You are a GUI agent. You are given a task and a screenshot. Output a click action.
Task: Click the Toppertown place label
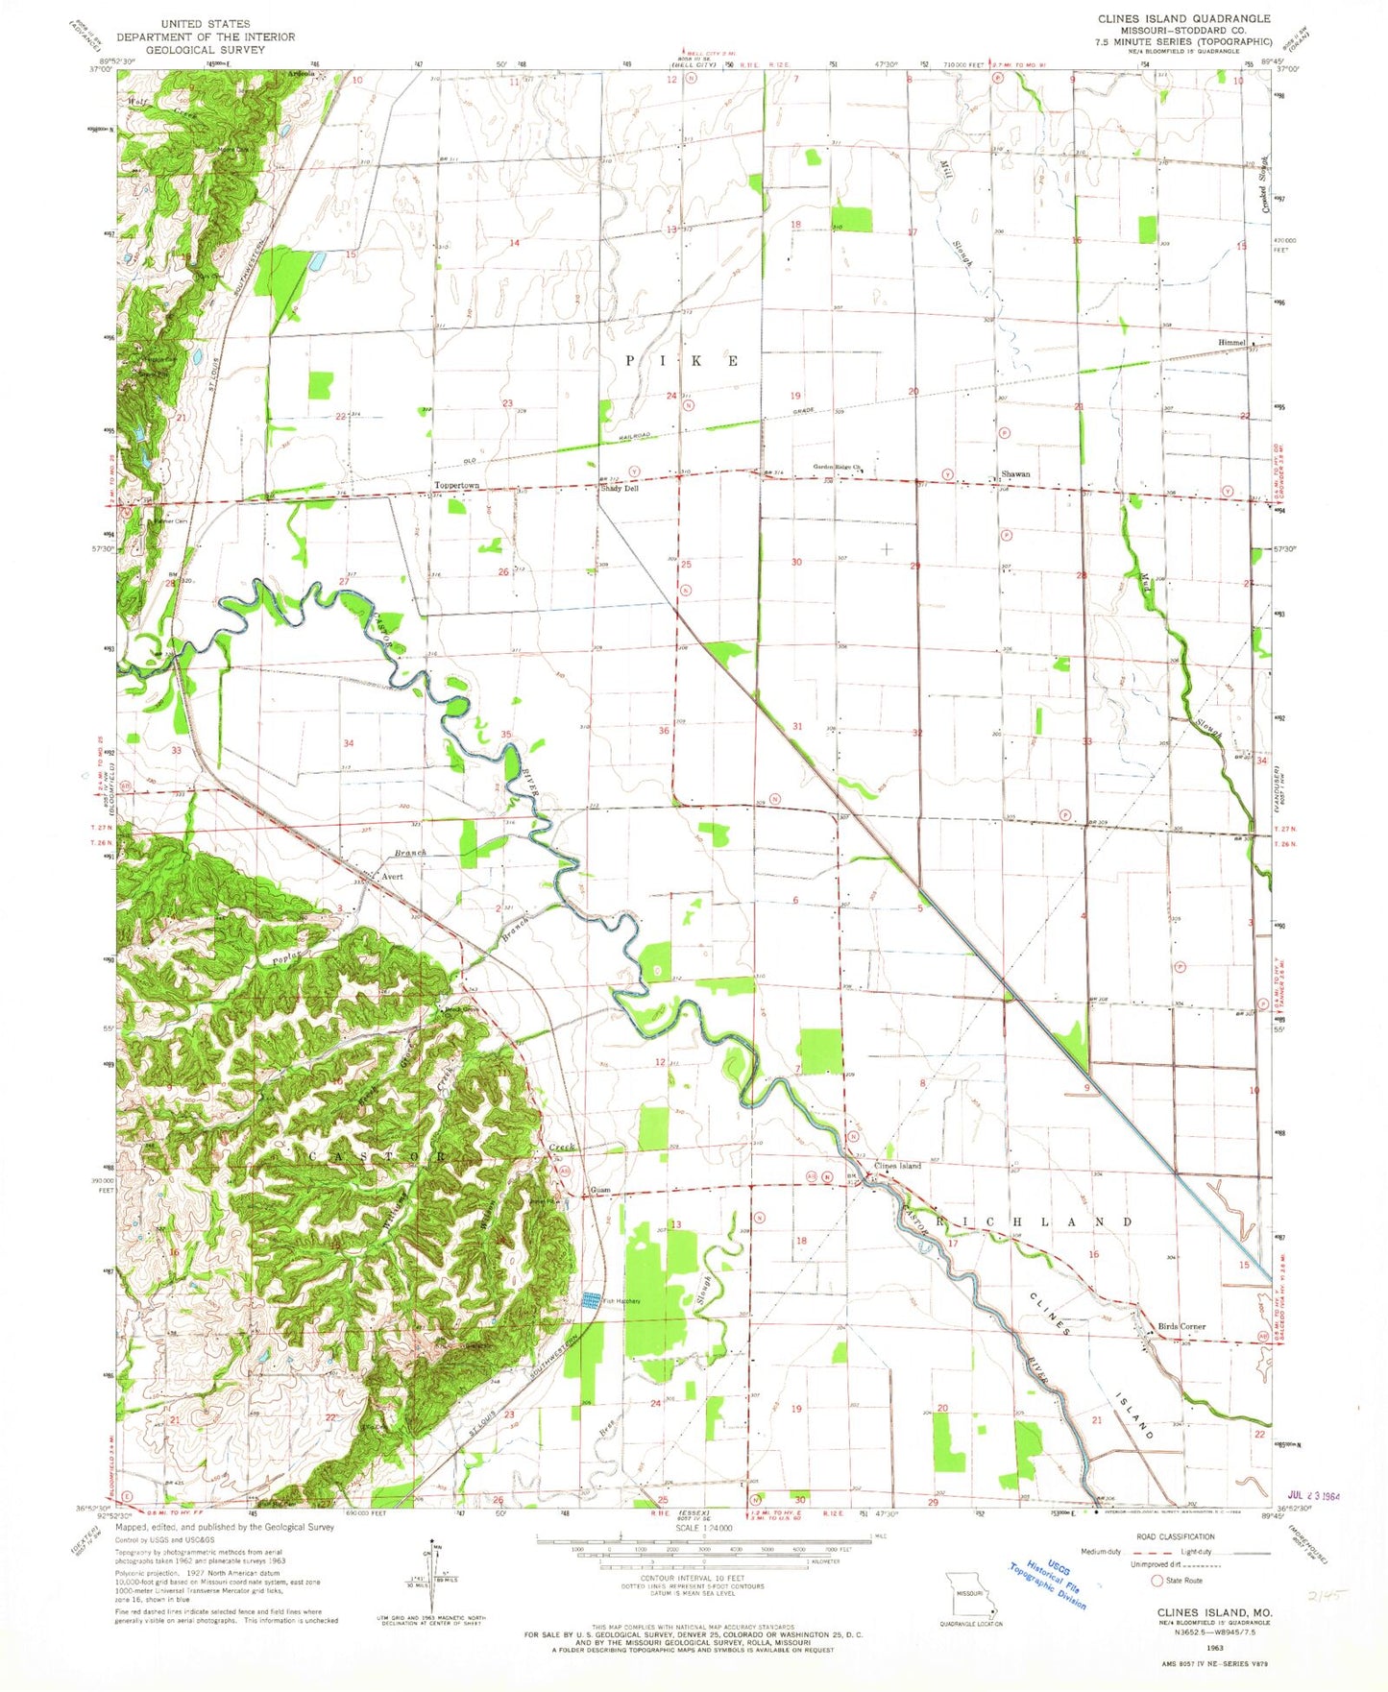coord(456,486)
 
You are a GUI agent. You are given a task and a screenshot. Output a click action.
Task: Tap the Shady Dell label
coord(620,489)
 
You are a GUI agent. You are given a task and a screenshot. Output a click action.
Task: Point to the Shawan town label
coord(1015,474)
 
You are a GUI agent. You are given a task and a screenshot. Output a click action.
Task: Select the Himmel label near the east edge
coord(1232,342)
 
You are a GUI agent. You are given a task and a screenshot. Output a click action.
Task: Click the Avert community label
coord(392,877)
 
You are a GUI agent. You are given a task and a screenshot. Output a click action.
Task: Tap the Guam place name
coord(601,1191)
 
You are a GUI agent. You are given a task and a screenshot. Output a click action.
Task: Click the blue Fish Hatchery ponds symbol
coord(587,1300)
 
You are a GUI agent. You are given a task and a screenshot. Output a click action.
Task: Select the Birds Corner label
coord(1181,1326)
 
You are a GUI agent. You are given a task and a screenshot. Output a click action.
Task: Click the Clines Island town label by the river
coord(897,1166)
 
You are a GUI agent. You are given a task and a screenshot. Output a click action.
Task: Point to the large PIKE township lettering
coord(683,361)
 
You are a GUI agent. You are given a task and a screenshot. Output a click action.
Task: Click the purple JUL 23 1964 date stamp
coord(1313,1496)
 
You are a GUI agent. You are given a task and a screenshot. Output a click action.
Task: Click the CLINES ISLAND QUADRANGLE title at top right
coord(1183,18)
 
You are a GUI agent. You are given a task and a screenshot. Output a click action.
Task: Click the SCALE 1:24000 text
coord(703,1528)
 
